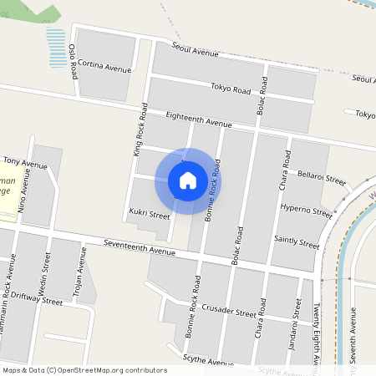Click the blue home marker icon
point(188,180)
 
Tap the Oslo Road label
point(74,61)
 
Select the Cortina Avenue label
point(104,66)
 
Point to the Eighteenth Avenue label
point(199,119)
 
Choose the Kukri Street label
point(150,216)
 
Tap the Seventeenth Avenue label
point(140,246)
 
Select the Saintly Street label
point(297,242)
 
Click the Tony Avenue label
point(25,160)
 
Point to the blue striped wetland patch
point(56,46)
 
